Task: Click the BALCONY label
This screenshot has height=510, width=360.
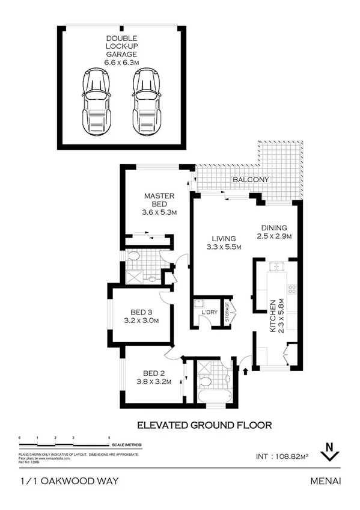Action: tap(251, 180)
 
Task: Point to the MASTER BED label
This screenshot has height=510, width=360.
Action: tap(159, 200)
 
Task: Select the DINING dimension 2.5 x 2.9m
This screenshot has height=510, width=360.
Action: tap(273, 236)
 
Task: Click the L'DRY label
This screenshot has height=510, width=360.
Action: tap(209, 313)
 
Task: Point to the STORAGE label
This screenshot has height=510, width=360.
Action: tap(227, 313)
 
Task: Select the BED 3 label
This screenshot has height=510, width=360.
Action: tap(144, 312)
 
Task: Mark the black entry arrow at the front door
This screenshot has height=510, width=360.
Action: tap(245, 369)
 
